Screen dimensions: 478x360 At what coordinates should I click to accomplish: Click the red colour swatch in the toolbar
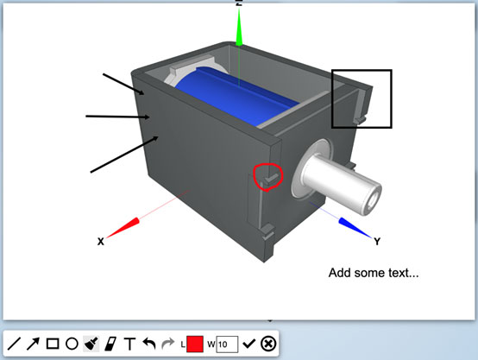click(194, 344)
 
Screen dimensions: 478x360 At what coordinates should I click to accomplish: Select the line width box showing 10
click(227, 344)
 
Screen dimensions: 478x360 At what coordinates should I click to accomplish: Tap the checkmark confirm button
click(248, 344)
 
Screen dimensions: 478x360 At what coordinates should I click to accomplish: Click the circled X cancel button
click(268, 344)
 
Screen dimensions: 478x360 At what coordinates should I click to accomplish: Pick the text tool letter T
click(130, 344)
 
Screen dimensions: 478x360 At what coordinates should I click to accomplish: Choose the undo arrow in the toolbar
click(149, 344)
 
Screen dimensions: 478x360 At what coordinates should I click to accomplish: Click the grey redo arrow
click(167, 344)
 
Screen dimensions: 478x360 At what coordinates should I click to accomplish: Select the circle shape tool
click(72, 344)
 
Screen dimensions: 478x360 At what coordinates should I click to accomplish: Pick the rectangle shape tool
click(53, 344)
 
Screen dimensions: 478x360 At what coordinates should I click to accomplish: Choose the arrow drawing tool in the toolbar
click(33, 344)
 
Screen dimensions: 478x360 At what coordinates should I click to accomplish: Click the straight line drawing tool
click(14, 344)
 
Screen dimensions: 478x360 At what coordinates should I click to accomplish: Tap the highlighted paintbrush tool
click(91, 344)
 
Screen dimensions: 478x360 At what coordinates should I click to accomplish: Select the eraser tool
click(110, 344)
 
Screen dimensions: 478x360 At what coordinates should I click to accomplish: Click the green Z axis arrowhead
click(239, 28)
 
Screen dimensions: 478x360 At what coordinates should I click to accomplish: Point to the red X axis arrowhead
click(123, 228)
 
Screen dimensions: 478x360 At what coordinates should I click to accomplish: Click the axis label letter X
click(101, 242)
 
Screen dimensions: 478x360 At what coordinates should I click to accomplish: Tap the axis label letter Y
click(377, 242)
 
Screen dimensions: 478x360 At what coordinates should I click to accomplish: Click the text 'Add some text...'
click(374, 273)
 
